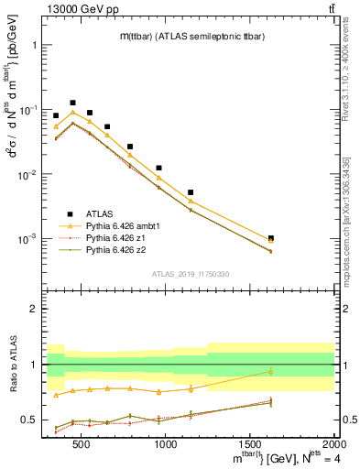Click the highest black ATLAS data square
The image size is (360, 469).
[x=72, y=104]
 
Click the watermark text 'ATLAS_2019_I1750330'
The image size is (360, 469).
[x=190, y=274]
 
